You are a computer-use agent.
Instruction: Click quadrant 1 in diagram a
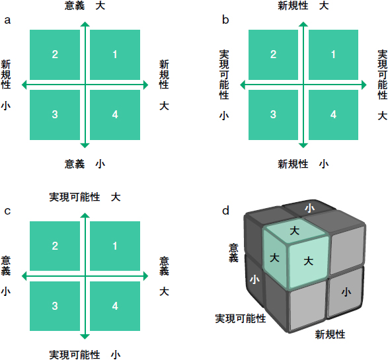(x=115, y=55)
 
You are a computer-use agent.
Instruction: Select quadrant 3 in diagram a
(x=55, y=115)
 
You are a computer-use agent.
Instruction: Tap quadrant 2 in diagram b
(x=273, y=55)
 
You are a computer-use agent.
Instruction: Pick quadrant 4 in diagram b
(x=333, y=115)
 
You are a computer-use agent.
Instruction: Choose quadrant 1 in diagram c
(x=115, y=246)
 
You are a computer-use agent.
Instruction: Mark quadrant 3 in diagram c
(x=55, y=306)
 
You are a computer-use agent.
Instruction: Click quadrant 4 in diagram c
(x=115, y=306)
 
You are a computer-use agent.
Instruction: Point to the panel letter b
(x=225, y=20)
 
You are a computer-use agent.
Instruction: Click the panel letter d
(x=225, y=211)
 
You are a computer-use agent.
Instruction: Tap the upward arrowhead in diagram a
(x=85, y=24)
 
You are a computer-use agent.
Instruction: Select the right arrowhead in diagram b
(x=364, y=85)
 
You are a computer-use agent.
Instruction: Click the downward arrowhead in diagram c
(x=85, y=337)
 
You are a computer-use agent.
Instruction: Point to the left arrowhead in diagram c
(x=24, y=276)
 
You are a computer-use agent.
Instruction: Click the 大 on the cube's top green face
(x=294, y=231)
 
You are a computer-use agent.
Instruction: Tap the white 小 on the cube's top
(x=309, y=208)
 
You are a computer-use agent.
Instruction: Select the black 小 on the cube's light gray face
(x=346, y=292)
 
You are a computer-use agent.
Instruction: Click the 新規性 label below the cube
(x=330, y=335)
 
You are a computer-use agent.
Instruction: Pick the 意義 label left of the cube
(x=233, y=253)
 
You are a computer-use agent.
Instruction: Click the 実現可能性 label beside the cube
(x=241, y=318)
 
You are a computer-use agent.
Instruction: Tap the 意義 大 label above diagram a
(x=85, y=6)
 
